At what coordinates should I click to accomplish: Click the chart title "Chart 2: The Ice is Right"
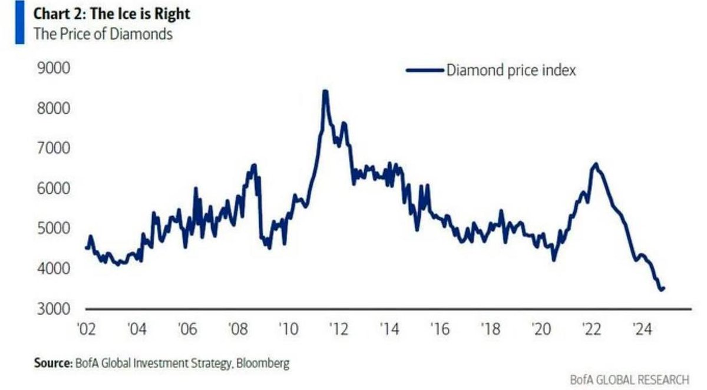[111, 13]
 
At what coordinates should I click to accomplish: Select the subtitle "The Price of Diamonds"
[103, 34]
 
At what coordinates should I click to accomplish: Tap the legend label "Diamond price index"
[511, 70]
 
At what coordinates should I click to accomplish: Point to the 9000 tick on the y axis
[54, 69]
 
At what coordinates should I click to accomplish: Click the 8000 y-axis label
[54, 109]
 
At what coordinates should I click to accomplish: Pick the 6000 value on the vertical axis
[54, 189]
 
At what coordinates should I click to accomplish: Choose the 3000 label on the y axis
[54, 309]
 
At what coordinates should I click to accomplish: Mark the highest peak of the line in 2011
[325, 91]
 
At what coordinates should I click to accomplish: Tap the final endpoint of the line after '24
[664, 288]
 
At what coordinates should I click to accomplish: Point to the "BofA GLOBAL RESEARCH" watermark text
[629, 379]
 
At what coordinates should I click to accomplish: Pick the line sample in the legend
[424, 70]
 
